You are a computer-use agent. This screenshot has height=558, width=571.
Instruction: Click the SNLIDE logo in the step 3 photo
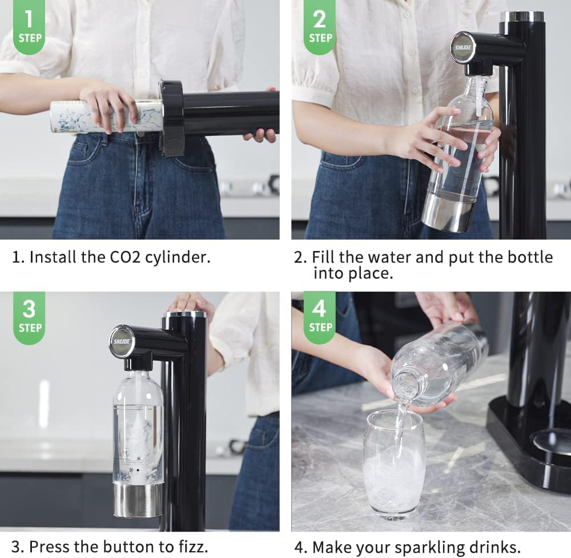tap(120, 342)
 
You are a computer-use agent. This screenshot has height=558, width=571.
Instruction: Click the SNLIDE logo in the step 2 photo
tap(462, 47)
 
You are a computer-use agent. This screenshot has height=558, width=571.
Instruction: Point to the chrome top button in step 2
tap(522, 16)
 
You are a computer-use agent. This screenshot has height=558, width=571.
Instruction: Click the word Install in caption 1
tap(53, 257)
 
